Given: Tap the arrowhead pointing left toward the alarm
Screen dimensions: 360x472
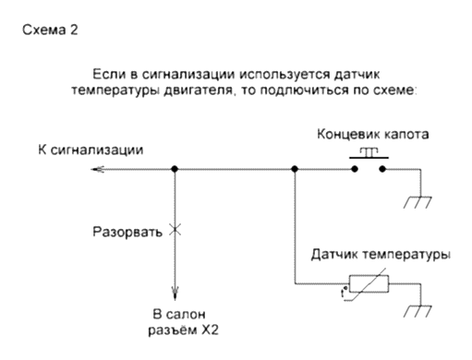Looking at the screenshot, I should click(x=44, y=169).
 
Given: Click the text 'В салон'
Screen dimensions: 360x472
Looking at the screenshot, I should click(x=174, y=313).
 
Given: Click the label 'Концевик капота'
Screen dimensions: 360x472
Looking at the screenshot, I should click(x=372, y=134).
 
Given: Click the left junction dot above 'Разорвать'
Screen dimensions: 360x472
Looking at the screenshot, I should click(x=174, y=169).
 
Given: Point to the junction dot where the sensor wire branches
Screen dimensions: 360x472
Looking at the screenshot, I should click(x=294, y=169).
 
